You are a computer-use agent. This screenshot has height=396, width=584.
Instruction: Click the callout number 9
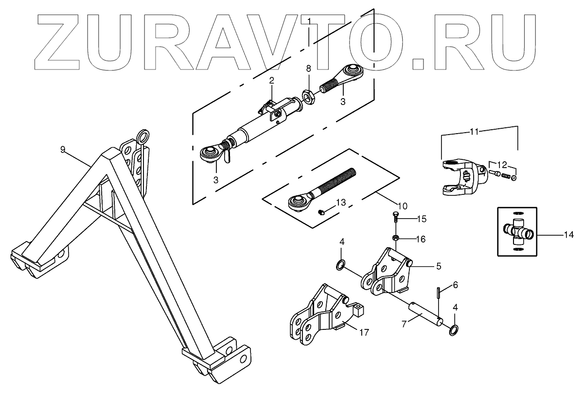click(63, 149)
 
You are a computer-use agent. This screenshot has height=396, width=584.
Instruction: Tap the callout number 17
click(364, 333)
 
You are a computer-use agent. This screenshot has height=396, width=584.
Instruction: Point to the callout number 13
click(341, 202)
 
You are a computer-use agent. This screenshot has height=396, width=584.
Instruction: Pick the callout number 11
click(475, 131)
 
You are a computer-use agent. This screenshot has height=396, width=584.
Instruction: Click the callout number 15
click(421, 219)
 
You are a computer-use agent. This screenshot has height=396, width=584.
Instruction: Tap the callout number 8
click(308, 69)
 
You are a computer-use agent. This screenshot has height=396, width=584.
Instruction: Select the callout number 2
click(272, 80)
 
